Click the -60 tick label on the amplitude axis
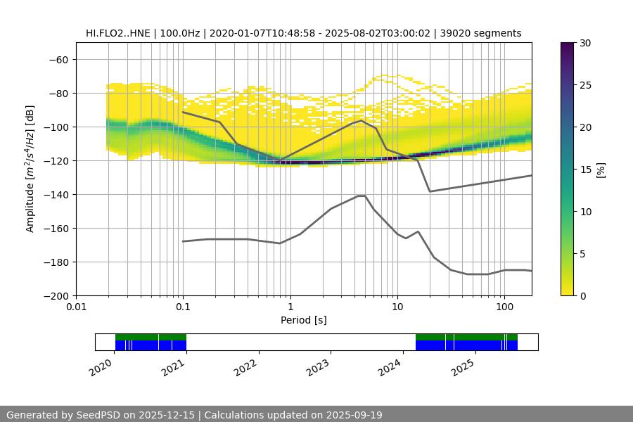click(59, 59)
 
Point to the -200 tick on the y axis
click(56, 295)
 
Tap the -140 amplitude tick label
click(56, 194)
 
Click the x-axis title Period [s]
click(303, 320)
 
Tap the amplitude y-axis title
click(30, 169)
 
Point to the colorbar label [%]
click(601, 169)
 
